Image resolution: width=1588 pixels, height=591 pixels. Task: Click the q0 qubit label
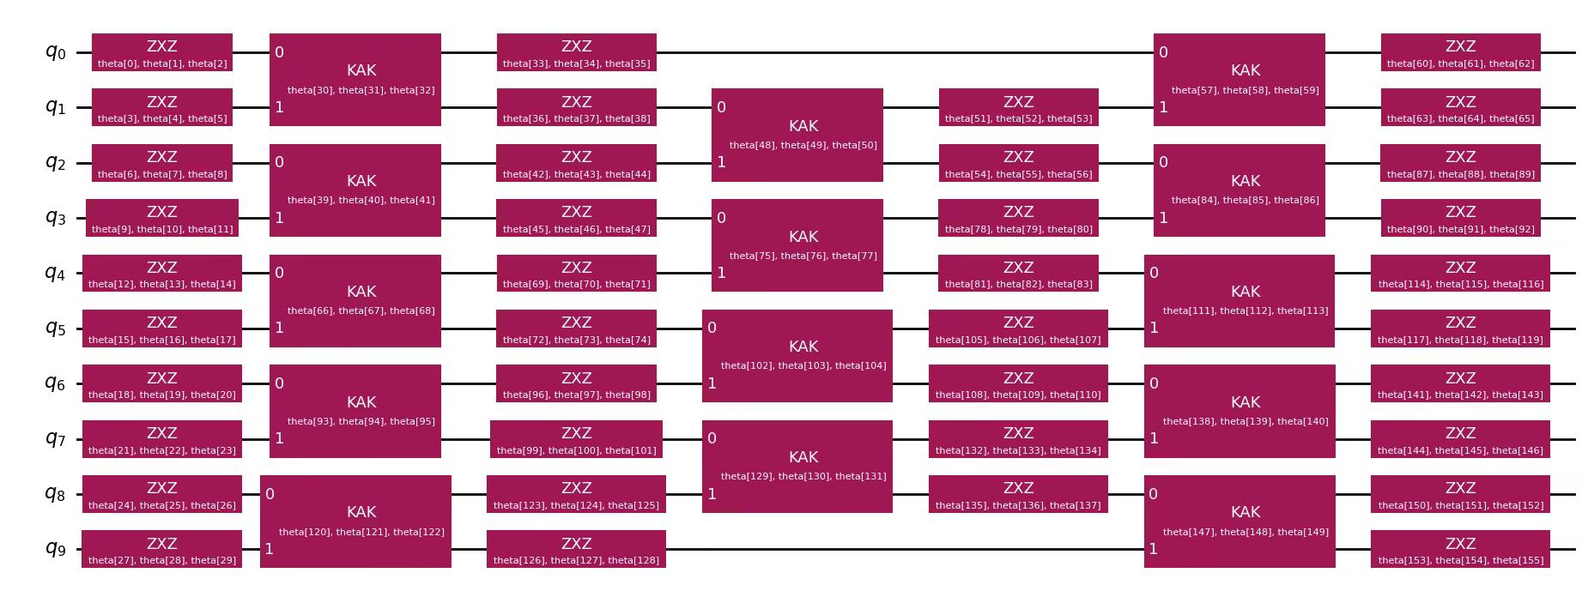coord(55,52)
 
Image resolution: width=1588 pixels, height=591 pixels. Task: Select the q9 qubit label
coord(55,549)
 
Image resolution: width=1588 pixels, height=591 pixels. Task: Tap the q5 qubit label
coord(55,329)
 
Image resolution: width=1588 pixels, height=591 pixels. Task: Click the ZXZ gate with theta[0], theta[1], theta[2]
coord(162,52)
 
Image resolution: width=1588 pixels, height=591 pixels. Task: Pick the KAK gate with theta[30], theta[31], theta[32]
coord(355,80)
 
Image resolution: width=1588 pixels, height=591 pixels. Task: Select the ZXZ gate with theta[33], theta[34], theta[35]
coord(576,52)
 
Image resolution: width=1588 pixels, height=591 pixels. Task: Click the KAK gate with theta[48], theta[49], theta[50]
coord(797,135)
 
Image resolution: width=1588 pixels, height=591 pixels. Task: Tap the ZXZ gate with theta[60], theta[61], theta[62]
coord(1460,52)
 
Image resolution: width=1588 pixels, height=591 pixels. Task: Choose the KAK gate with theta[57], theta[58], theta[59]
coord(1239,80)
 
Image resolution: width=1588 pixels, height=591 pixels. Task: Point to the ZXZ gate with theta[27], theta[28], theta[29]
coord(162,549)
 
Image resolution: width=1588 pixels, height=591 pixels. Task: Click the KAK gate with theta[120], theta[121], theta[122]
coord(355,522)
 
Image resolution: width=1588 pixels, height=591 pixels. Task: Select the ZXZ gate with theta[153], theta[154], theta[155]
coord(1460,549)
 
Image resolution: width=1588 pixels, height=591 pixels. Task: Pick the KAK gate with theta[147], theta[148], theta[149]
coord(1239,522)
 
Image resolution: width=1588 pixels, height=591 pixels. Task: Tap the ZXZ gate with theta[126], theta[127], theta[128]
coord(576,549)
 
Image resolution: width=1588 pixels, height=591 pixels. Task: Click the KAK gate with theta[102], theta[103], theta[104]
coord(797,356)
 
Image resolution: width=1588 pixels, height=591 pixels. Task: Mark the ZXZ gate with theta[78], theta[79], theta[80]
coord(1018,218)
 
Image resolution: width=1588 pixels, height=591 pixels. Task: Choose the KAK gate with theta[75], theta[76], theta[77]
coord(797,245)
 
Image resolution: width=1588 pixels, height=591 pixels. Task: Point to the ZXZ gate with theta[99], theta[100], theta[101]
coord(576,439)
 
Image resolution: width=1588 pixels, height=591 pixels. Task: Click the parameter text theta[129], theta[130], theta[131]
coord(803,477)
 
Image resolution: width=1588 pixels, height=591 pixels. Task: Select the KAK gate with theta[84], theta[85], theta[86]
coord(1239,190)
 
